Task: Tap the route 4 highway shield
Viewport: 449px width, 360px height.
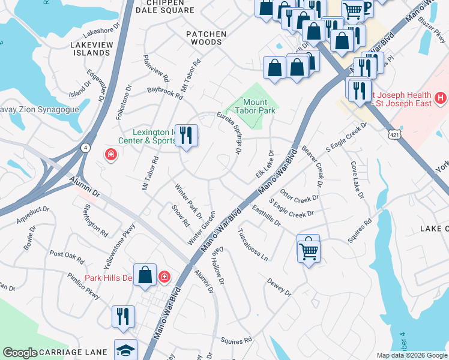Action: click(x=87, y=147)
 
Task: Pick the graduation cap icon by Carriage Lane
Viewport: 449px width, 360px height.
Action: click(x=125, y=350)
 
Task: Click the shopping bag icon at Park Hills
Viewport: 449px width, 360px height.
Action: click(x=145, y=275)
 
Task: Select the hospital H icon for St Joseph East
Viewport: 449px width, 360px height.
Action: click(x=440, y=97)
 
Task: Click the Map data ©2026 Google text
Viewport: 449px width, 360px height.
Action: click(x=411, y=355)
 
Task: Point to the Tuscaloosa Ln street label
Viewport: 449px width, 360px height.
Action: click(x=253, y=244)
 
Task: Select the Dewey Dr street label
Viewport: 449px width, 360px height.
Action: click(x=279, y=287)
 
